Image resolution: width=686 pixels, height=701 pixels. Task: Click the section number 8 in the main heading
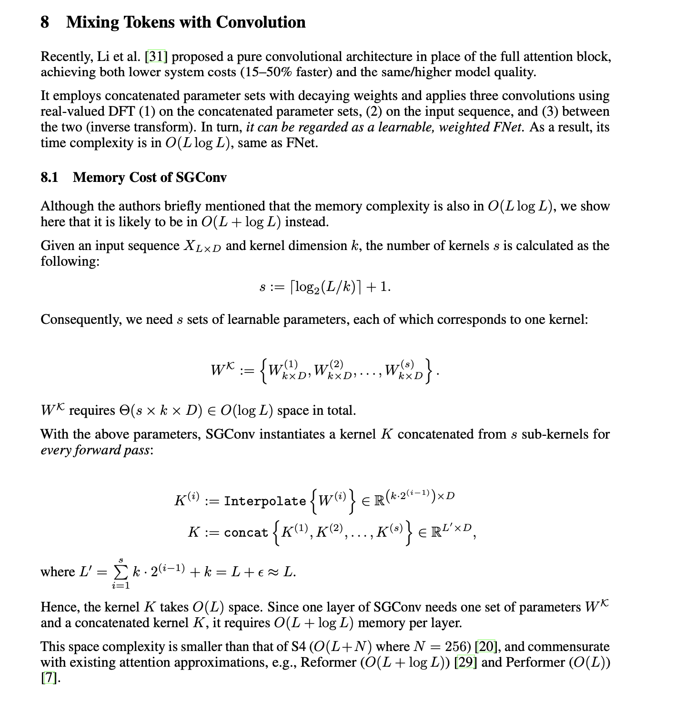[x=45, y=22]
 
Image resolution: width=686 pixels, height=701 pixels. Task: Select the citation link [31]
[x=157, y=57]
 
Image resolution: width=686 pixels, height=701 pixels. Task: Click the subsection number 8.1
[x=50, y=178]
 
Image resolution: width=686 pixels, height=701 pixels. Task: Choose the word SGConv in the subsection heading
[x=201, y=178]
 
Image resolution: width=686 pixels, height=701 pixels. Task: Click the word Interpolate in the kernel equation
[x=265, y=501]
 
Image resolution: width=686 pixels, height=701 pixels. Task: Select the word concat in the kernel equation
[x=246, y=532]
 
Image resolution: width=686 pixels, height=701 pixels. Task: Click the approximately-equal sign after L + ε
[x=273, y=572]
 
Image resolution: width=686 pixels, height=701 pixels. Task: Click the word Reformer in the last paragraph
[x=329, y=662]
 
